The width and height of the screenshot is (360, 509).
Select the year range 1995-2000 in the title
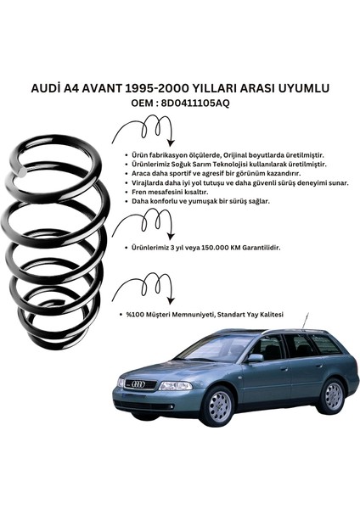pyautogui.click(x=157, y=88)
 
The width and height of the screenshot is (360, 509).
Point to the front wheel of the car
pyautogui.click(x=221, y=405)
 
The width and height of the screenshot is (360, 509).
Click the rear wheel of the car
pyautogui.click(x=333, y=396)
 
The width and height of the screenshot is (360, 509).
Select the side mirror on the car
pyautogui.click(x=256, y=358)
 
